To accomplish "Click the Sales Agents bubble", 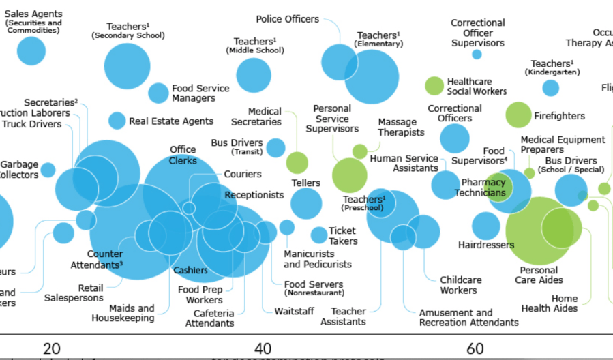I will pos(31,50).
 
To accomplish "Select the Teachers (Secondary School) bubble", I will pos(127,66).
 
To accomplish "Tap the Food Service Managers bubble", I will pos(158,93).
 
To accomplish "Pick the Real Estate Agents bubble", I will pos(117,121).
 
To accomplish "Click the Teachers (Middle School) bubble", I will pos(253,76).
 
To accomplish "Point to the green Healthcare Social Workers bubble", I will pos(434,86).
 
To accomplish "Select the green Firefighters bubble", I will pos(518,115).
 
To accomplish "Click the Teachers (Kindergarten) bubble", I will pos(550,88).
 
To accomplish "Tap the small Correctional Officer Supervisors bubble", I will pos(477,55).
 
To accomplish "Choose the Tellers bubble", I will pos(306,203).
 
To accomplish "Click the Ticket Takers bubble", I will pos(319,235).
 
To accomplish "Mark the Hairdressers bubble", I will pos(485,226).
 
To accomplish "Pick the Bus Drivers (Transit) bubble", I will pos(275,147).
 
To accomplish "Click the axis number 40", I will pos(263,348).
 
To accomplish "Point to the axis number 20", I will pos(51,348).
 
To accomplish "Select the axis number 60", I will pos(475,348).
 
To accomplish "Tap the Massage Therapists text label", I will pos(401,127).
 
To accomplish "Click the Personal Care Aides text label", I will pos(539,275).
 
